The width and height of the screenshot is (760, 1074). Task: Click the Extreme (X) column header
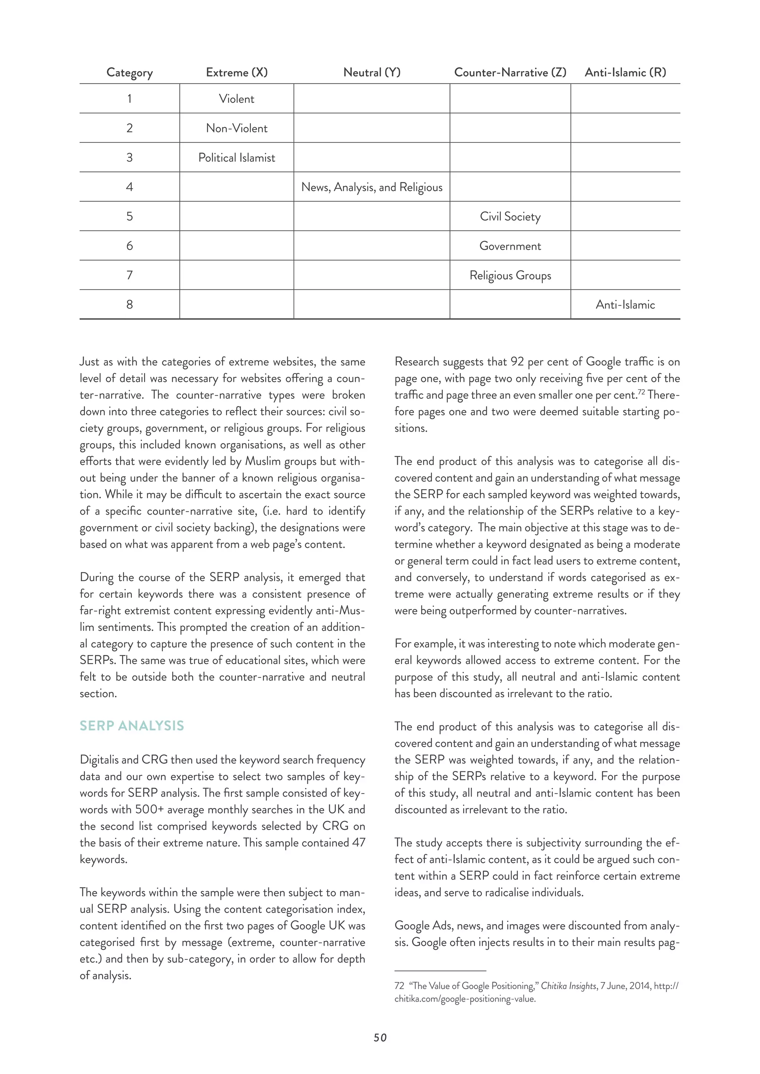coord(237,73)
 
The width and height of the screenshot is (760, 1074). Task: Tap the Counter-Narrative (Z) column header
coord(510,73)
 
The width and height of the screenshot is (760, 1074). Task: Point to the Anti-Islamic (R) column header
coord(625,73)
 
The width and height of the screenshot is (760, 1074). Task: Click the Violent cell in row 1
coord(237,99)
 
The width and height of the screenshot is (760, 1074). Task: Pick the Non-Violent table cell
coord(237,128)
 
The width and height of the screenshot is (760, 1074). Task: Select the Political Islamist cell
coord(237,158)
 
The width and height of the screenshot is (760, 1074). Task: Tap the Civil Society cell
coord(510,217)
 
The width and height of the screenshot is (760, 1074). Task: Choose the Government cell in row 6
coord(510,246)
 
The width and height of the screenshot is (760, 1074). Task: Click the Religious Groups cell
coord(510,276)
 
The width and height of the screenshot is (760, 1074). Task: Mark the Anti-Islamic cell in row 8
coord(625,305)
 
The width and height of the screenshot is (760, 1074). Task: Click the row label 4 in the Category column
coord(130,187)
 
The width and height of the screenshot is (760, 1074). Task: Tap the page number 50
coord(380,1038)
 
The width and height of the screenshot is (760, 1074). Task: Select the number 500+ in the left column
coord(149,810)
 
